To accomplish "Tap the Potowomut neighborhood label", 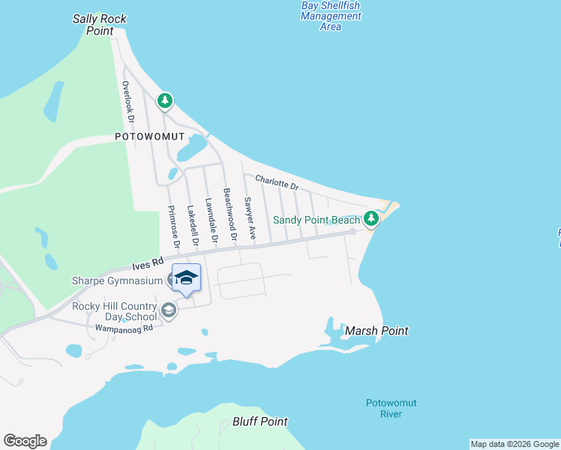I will pyautogui.click(x=145, y=136).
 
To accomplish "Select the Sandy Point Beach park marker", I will pyautogui.click(x=370, y=219).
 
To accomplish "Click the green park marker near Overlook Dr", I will pyautogui.click(x=165, y=100).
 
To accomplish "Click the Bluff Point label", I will pyautogui.click(x=260, y=421).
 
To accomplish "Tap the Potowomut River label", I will pyautogui.click(x=391, y=408).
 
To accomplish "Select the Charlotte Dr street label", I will pyautogui.click(x=277, y=182).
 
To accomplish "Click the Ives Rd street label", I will pyautogui.click(x=148, y=265).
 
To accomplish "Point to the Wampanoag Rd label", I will pyautogui.click(x=124, y=328).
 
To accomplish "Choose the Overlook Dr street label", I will pyautogui.click(x=128, y=102).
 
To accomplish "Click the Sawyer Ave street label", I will pyautogui.click(x=250, y=218).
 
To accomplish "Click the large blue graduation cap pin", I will pyautogui.click(x=186, y=278).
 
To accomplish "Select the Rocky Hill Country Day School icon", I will pyautogui.click(x=169, y=310).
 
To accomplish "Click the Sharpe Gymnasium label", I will pyautogui.click(x=117, y=281).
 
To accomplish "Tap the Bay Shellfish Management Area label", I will pyautogui.click(x=330, y=16).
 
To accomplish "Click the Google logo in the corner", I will pyautogui.click(x=25, y=441).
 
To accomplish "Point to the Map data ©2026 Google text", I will pyautogui.click(x=515, y=444).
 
